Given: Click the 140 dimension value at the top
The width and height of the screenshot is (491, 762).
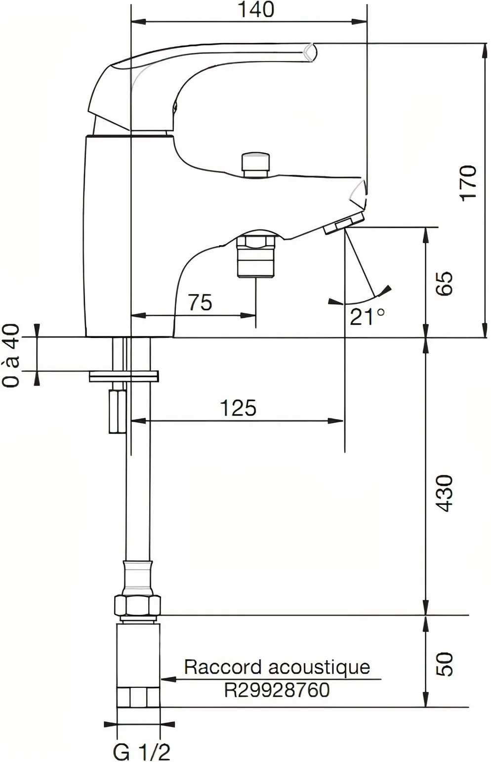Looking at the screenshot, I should [x=257, y=10].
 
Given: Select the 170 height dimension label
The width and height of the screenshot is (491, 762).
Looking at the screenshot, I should [x=468, y=182].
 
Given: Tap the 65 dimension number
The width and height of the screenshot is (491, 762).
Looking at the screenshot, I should [x=445, y=283].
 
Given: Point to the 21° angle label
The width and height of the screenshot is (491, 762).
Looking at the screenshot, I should [x=367, y=316].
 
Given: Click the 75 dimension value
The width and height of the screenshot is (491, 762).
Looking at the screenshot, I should [x=200, y=302].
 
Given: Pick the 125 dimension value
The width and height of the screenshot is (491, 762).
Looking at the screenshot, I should [x=238, y=408].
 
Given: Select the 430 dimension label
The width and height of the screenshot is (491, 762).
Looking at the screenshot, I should [x=445, y=493].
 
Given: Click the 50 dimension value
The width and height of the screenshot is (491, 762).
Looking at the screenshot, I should [x=445, y=664].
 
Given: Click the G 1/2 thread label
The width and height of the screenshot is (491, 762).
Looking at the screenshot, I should [x=141, y=752].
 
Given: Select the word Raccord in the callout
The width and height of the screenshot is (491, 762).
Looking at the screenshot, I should [x=222, y=667].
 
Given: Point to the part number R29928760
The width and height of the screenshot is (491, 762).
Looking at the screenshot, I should [x=277, y=689].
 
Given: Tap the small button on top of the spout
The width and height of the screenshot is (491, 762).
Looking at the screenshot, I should [x=255, y=164].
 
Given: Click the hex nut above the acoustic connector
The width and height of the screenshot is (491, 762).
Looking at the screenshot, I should [x=137, y=605].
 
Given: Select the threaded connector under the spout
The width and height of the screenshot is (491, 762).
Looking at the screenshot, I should [x=255, y=255].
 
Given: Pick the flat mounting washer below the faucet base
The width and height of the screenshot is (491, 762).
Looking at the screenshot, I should [x=124, y=377].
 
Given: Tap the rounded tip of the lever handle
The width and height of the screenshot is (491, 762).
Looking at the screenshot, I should [x=310, y=52].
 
